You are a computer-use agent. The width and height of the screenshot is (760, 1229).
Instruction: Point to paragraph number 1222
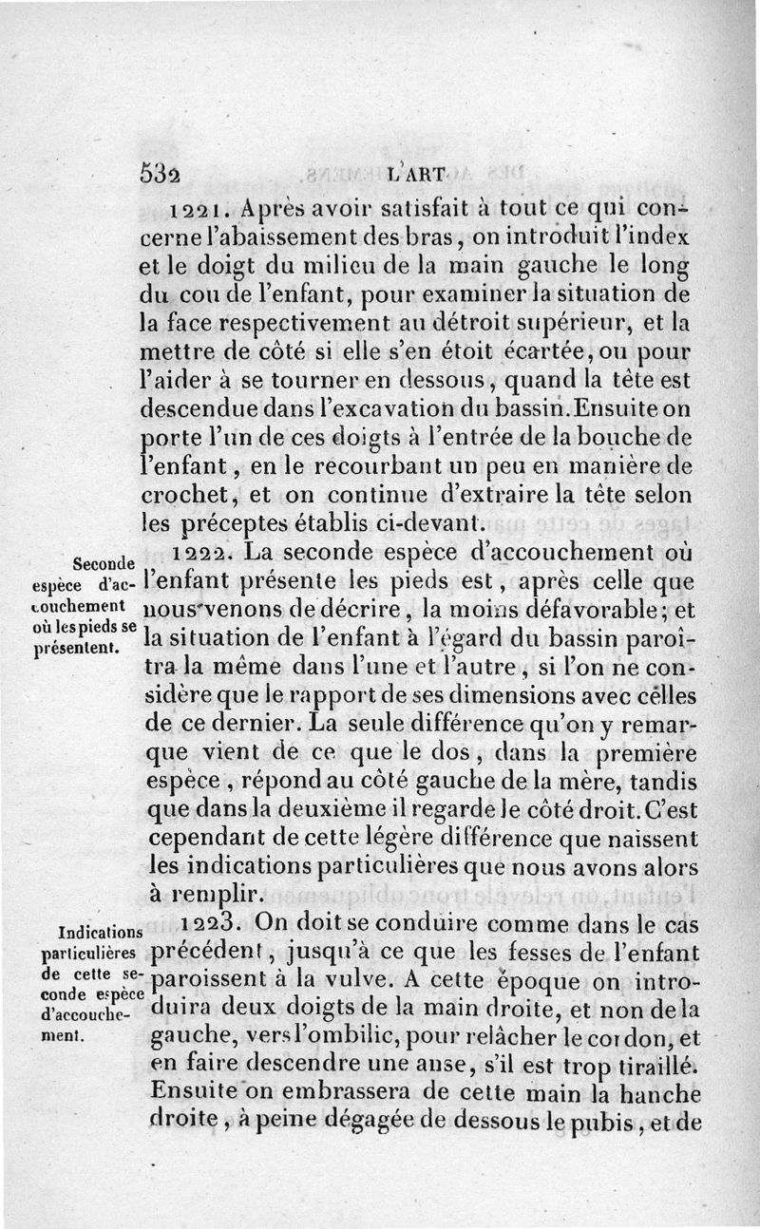click(205, 553)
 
